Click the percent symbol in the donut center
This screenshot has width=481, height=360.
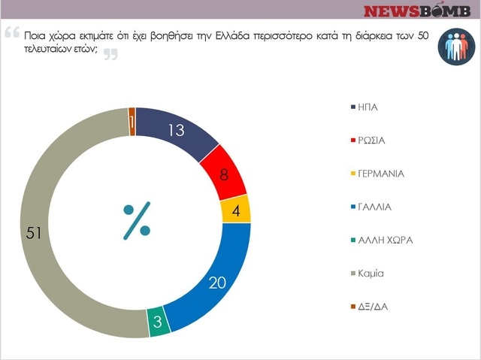tap(136, 219)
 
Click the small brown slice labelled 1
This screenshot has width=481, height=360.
tap(132, 123)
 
